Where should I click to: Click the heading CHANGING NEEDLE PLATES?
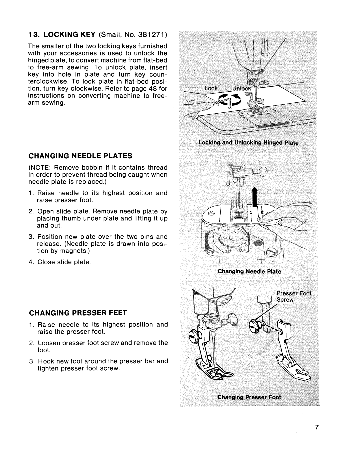tap(80, 156)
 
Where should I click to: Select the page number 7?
tap(318, 428)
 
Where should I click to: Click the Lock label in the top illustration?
tap(211, 88)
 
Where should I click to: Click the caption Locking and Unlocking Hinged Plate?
tap(248, 143)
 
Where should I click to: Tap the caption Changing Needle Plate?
tap(249, 271)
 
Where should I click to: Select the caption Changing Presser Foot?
tap(249, 397)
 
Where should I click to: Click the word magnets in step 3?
tap(69, 251)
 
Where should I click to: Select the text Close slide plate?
tap(64, 262)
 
